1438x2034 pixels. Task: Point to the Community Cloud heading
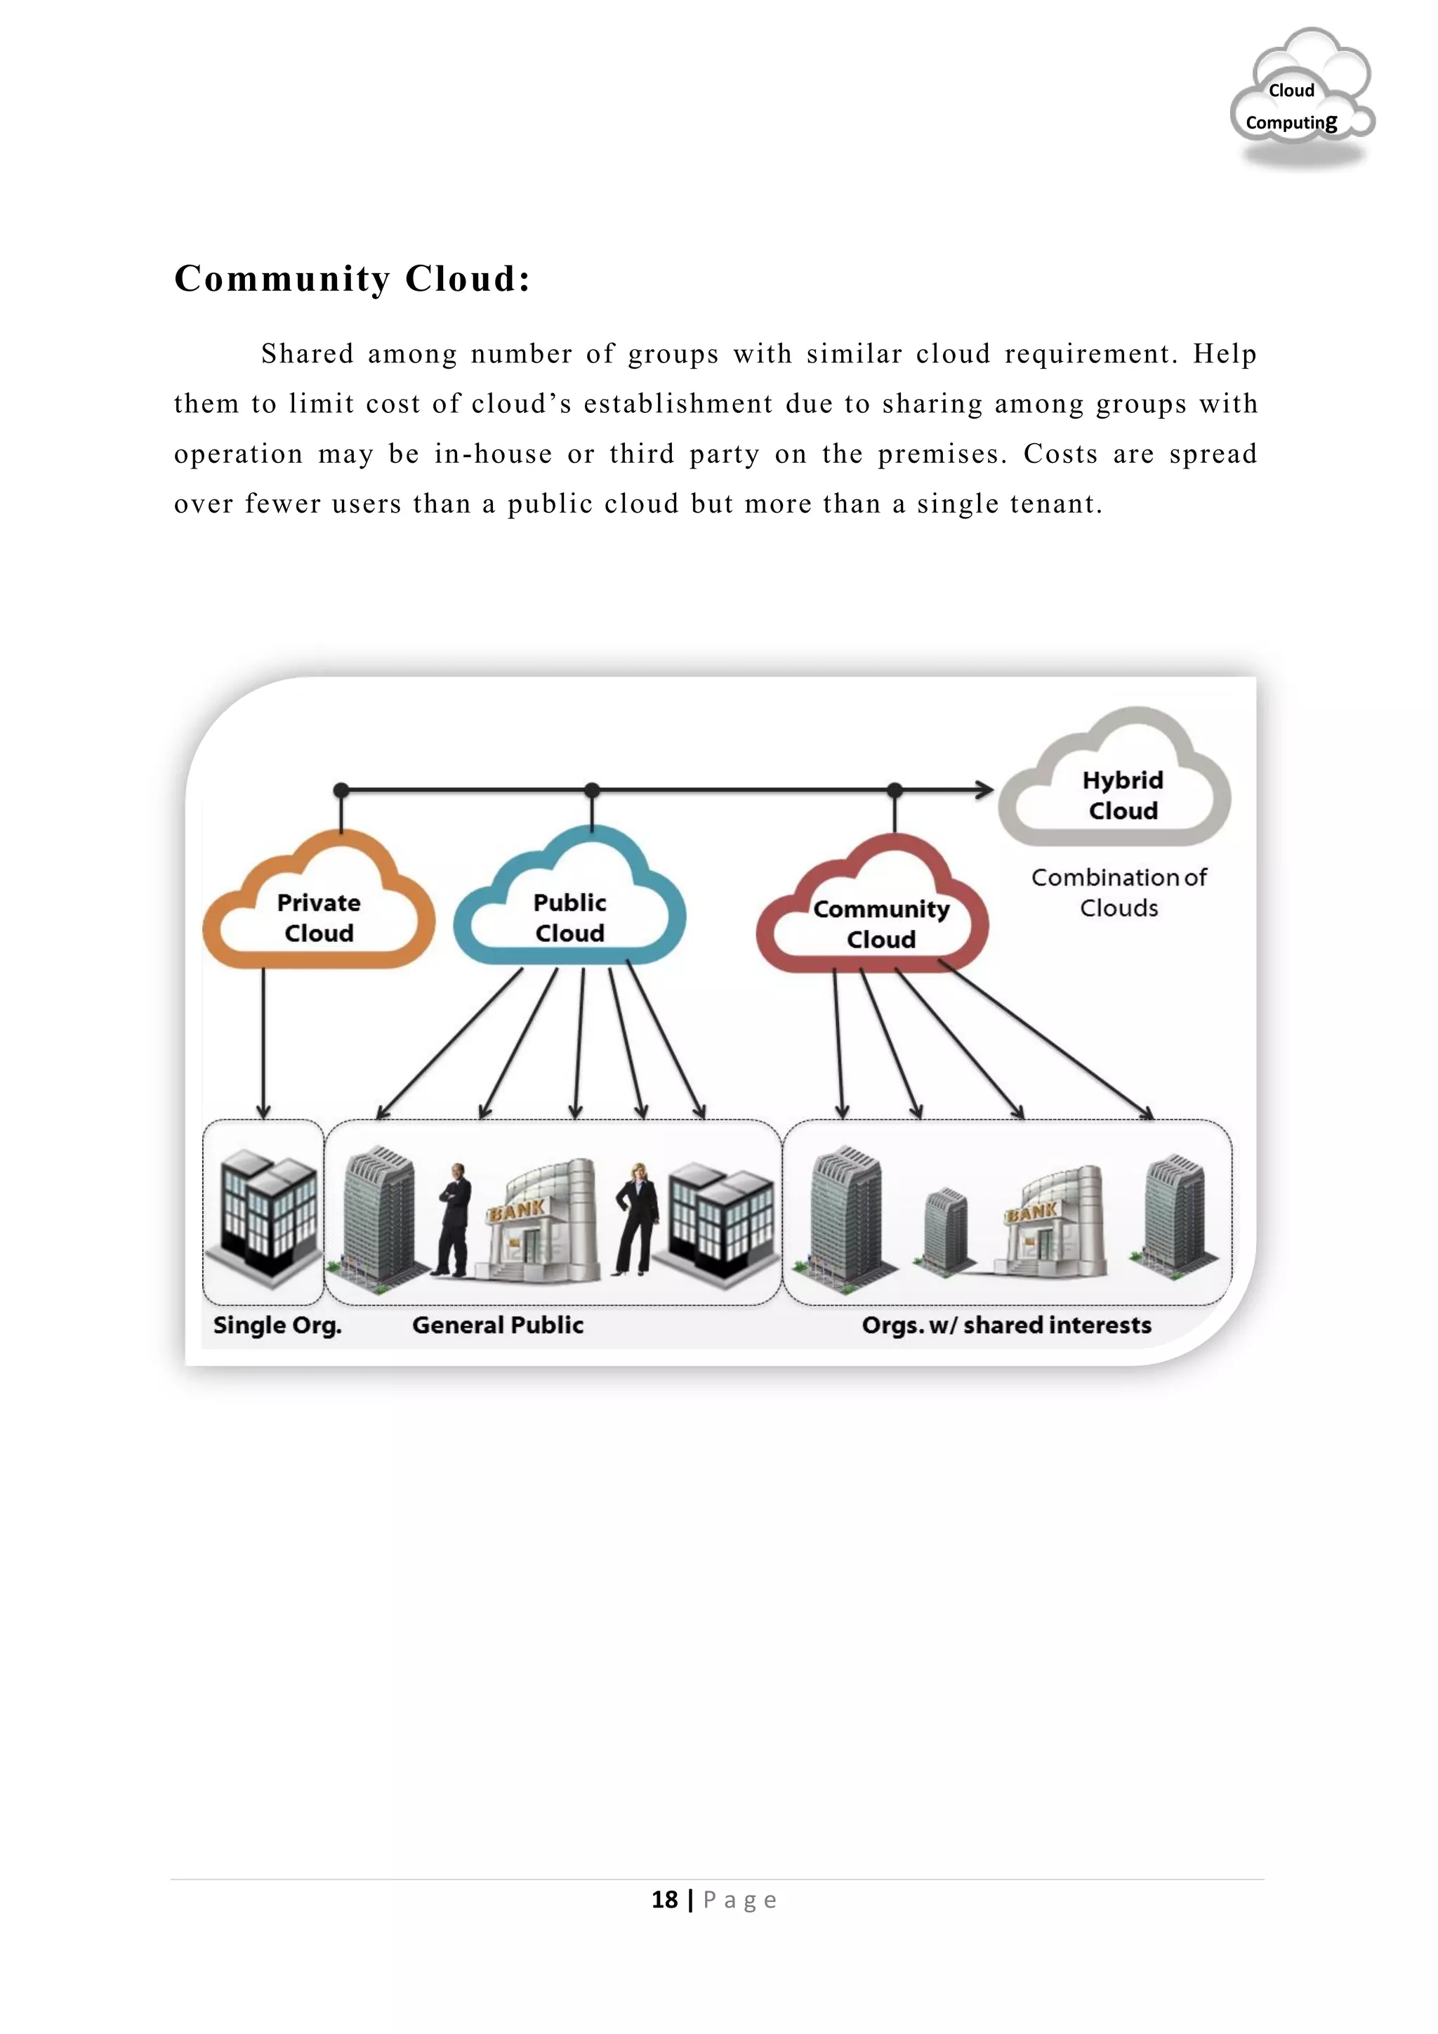point(352,278)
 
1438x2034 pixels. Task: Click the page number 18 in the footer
point(664,1899)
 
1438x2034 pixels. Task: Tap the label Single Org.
point(277,1325)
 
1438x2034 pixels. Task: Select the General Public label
point(498,1325)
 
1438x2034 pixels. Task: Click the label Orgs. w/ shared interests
point(1007,1325)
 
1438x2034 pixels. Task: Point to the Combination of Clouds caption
point(1119,892)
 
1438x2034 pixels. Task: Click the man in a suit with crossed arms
point(454,1220)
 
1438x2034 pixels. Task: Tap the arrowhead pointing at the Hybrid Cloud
point(984,789)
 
